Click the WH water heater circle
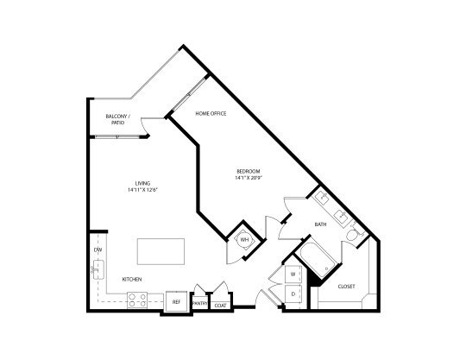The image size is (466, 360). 244,240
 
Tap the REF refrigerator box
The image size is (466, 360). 176,301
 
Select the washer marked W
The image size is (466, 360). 293,274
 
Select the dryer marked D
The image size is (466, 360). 293,294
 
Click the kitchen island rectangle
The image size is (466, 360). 161,251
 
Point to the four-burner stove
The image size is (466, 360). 137,300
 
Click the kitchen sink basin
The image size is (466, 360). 98,269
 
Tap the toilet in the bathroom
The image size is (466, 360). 354,234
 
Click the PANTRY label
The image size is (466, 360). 200,304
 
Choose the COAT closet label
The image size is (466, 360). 220,306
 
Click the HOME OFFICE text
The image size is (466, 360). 211,114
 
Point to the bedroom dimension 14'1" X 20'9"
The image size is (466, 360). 249,178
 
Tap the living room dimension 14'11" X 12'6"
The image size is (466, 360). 142,190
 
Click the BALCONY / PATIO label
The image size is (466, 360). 117,119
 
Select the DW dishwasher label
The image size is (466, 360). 98,249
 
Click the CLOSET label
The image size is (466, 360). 347,287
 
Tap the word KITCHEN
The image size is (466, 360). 132,280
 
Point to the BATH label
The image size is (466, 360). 320,224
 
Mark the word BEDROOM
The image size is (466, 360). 249,171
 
